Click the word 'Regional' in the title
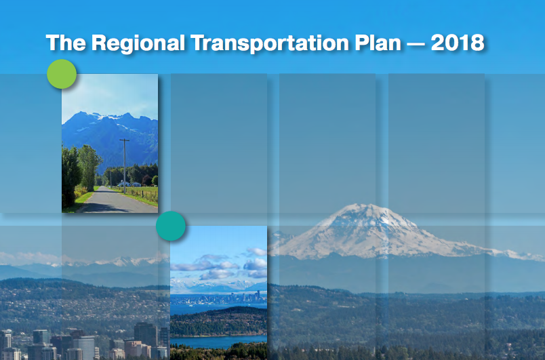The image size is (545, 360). tap(138, 43)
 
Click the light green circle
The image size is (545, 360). tap(62, 74)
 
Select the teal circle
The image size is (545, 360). tap(171, 226)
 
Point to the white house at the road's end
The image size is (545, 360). tap(123, 183)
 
